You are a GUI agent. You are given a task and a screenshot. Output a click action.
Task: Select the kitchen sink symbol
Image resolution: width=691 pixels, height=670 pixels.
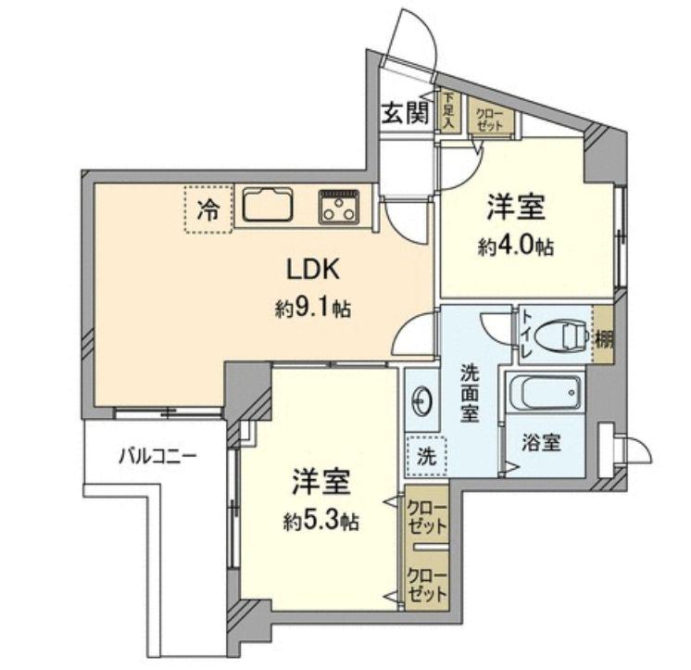click(x=267, y=205)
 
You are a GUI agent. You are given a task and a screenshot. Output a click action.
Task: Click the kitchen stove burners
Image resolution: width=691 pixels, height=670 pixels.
click(x=340, y=205)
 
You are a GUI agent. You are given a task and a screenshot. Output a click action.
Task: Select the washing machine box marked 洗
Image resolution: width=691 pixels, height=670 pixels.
click(x=424, y=455)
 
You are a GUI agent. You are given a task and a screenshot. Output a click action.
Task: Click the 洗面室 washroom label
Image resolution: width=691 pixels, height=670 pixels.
click(x=470, y=395)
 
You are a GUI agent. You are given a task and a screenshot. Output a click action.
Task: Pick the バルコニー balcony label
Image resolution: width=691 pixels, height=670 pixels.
click(x=157, y=455)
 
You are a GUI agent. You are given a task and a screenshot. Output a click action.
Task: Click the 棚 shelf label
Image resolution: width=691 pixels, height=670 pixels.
click(x=603, y=339)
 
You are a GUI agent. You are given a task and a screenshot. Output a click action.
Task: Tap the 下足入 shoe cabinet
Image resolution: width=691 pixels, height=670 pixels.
click(x=449, y=109)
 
